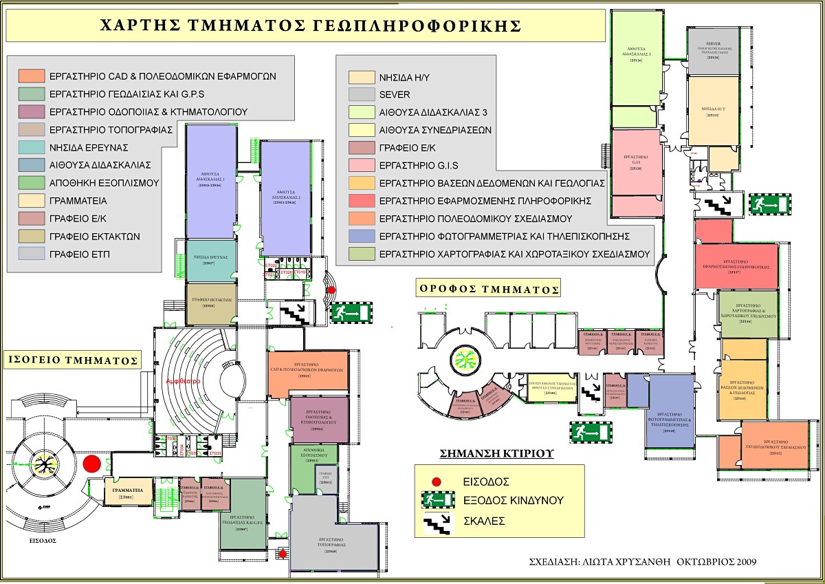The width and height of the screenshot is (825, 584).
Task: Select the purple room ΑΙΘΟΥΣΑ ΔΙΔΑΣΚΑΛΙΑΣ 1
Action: point(211,181)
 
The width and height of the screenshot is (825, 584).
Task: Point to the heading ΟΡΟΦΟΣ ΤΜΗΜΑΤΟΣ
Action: point(487,287)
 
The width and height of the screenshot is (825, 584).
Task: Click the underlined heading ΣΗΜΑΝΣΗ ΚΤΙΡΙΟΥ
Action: point(496,454)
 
